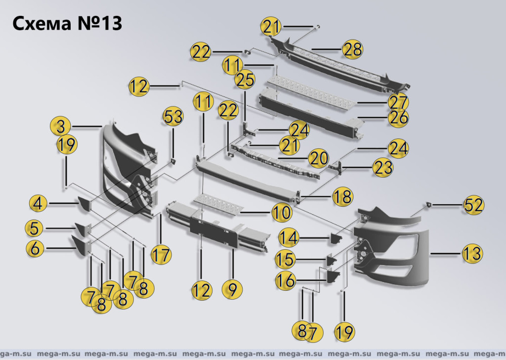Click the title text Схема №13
pyautogui.click(x=67, y=23)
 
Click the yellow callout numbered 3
pyautogui.click(x=60, y=127)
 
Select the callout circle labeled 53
pyautogui.click(x=173, y=118)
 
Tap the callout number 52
pyautogui.click(x=473, y=205)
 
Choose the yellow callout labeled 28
pyautogui.click(x=353, y=49)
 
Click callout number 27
pyautogui.click(x=398, y=102)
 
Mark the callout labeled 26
pyautogui.click(x=398, y=117)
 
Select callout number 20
pyautogui.click(x=319, y=158)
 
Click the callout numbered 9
pyautogui.click(x=232, y=289)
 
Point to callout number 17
pyautogui.click(x=161, y=255)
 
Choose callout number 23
pyautogui.click(x=382, y=168)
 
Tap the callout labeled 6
pyautogui.click(x=35, y=248)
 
